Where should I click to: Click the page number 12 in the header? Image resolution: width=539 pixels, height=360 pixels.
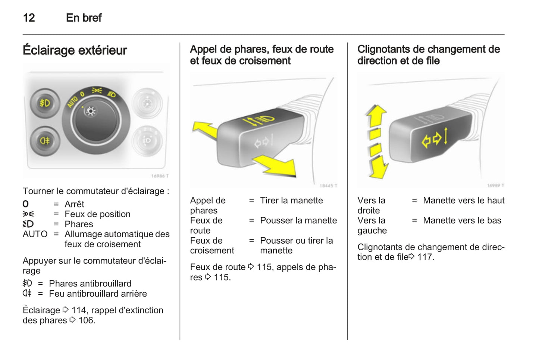click(29, 18)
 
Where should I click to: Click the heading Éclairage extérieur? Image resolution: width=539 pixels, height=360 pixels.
click(75, 50)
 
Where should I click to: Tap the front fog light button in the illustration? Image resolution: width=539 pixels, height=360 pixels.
click(45, 103)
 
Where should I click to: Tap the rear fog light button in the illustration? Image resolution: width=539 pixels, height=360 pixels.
click(45, 141)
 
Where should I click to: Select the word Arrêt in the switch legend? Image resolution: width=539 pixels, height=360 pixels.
click(74, 204)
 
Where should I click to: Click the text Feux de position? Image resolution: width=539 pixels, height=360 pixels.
click(97, 214)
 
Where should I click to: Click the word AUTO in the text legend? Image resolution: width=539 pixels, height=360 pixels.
click(35, 234)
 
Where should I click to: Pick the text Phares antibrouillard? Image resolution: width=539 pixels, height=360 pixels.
click(90, 284)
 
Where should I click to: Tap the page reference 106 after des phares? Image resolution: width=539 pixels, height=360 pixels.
click(87, 320)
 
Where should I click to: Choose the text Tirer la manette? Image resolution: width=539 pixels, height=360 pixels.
click(291, 200)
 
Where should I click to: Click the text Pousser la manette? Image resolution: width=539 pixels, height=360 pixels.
click(298, 220)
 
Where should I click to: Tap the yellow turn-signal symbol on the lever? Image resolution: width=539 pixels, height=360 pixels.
click(434, 138)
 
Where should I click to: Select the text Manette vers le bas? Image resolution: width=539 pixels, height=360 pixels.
click(462, 220)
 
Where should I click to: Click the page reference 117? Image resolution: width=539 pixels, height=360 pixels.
click(425, 257)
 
